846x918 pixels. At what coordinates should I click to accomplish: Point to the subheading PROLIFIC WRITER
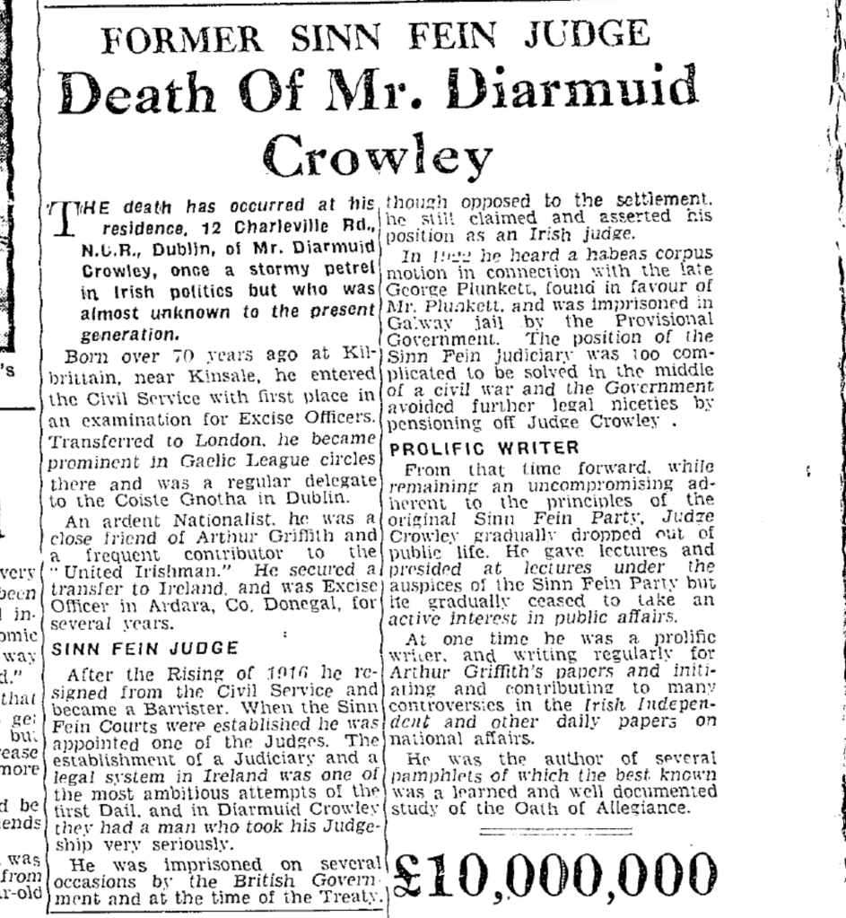click(x=484, y=447)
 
